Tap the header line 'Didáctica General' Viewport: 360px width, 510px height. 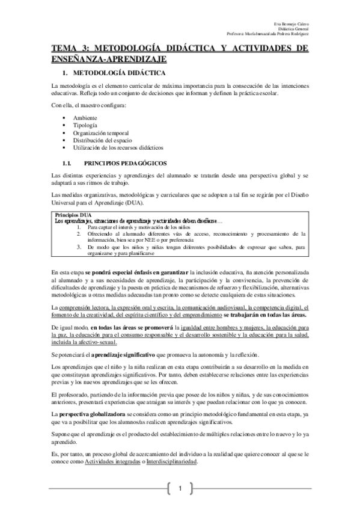click(x=295, y=28)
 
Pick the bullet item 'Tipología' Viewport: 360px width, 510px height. click(x=85, y=124)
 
